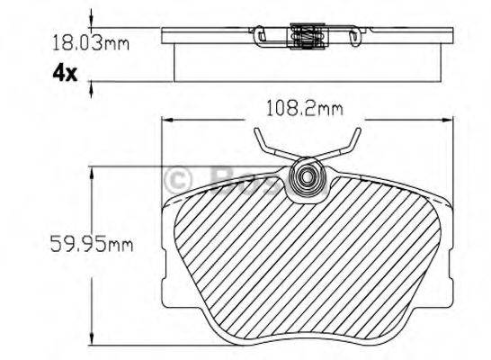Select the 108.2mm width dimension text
click(292, 109)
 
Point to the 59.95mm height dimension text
click(89, 242)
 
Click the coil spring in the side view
click(305, 37)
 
